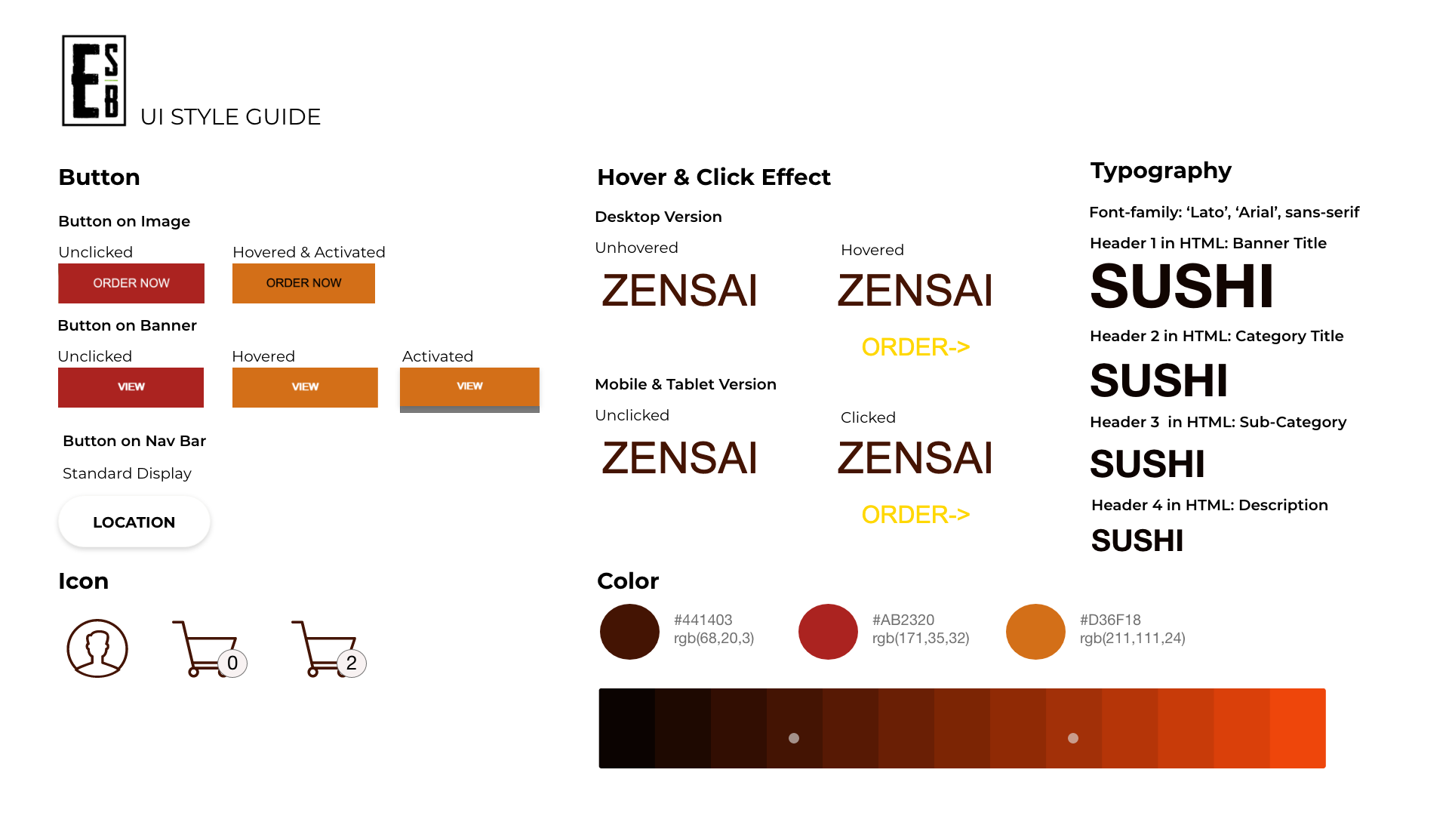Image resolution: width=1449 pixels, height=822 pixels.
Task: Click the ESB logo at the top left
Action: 94,80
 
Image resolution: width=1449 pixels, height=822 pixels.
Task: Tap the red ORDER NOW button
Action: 131,283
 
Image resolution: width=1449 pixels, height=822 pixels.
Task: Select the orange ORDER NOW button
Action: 303,283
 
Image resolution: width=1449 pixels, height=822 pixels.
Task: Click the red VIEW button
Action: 131,387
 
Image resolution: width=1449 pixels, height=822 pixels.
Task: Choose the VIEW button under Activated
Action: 469,387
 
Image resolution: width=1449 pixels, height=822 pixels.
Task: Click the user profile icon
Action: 97,648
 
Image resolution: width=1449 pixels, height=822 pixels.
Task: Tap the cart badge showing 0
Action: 232,663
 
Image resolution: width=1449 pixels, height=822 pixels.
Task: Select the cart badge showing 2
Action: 352,663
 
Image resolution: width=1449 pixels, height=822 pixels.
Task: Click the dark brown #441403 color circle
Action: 629,632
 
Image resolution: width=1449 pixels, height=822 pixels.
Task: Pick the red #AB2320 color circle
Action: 828,632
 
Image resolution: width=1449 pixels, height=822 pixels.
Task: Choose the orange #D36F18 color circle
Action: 1035,632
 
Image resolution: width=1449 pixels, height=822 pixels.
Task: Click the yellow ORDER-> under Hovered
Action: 915,347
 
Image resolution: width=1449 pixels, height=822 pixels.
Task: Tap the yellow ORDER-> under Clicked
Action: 915,515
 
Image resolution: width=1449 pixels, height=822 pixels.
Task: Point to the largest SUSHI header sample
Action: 1182,287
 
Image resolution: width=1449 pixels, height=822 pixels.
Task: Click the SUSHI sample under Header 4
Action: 1137,540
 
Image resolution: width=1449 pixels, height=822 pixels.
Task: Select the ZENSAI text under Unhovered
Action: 679,291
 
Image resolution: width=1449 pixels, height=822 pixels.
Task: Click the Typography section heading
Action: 1161,171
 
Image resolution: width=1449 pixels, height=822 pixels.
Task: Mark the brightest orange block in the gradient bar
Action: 1297,728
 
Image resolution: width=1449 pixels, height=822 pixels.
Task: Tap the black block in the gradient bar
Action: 626,728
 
